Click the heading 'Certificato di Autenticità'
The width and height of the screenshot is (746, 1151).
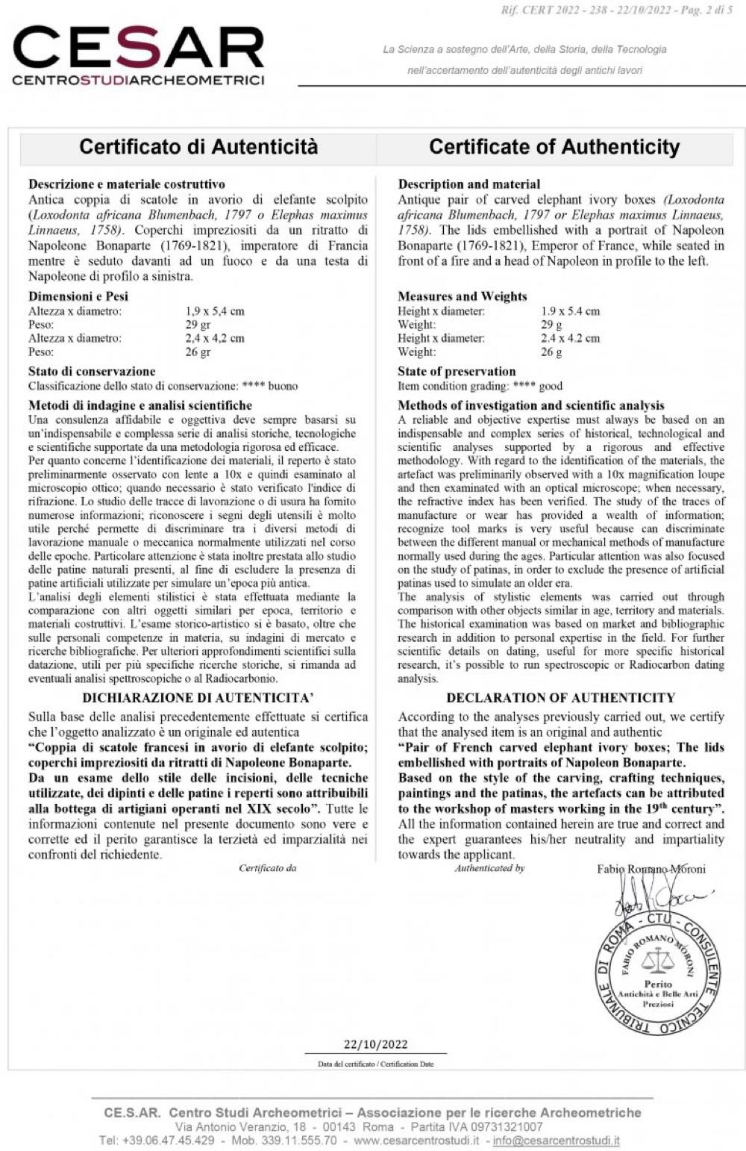click(198, 146)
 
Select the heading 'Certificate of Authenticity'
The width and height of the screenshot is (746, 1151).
click(554, 146)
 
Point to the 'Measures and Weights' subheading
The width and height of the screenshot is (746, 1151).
click(462, 296)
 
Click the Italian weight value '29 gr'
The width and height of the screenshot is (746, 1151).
click(198, 325)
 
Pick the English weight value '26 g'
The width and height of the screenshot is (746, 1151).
click(551, 352)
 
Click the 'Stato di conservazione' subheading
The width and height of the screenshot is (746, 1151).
click(92, 371)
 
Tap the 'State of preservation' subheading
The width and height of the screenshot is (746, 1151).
click(457, 371)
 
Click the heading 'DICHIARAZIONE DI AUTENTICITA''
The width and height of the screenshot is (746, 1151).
click(198, 698)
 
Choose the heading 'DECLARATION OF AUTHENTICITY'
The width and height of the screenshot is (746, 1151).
click(560, 698)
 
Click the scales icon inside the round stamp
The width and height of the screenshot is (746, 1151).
click(657, 957)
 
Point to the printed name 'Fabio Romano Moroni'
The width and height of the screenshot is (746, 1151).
click(651, 869)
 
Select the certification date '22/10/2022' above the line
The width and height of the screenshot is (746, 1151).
click(375, 1044)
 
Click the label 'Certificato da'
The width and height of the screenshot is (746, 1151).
click(268, 868)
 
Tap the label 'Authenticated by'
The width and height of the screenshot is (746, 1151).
click(490, 868)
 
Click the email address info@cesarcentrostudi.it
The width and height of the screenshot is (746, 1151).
click(556, 1141)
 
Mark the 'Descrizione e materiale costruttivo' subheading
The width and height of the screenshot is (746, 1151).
click(126, 184)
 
